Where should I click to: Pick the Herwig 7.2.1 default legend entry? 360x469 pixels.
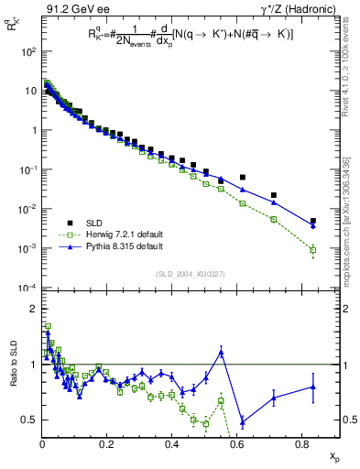pos(119,234)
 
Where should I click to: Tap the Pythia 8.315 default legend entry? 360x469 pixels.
pos(118,246)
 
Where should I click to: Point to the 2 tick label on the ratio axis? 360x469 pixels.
pos(32,309)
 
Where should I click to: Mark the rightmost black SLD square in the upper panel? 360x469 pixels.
pos(313,221)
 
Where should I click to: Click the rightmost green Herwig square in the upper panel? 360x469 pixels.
pos(313,249)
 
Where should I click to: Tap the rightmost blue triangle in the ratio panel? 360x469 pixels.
pos(313,387)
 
